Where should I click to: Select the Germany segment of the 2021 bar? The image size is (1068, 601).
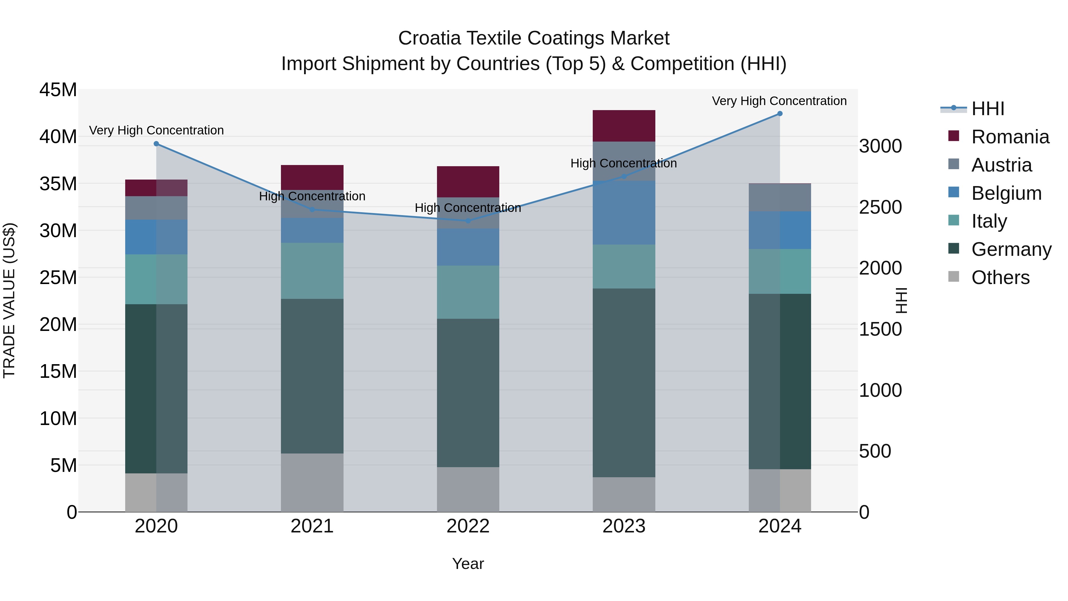pyautogui.click(x=312, y=376)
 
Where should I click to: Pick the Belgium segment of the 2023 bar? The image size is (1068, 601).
pyautogui.click(x=624, y=213)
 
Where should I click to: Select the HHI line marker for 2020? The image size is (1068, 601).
pyautogui.click(x=156, y=144)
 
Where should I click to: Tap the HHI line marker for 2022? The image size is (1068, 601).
pyautogui.click(x=468, y=221)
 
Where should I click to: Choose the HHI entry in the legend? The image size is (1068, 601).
pyautogui.click(x=988, y=109)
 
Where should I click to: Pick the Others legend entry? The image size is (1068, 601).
pyautogui.click(x=1000, y=277)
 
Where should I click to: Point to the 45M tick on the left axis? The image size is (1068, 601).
pyautogui.click(x=58, y=90)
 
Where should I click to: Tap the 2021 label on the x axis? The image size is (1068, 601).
pyautogui.click(x=312, y=526)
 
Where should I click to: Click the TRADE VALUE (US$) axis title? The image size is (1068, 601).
pyautogui.click(x=9, y=300)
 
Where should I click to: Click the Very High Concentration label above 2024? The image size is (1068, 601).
pyautogui.click(x=779, y=101)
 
